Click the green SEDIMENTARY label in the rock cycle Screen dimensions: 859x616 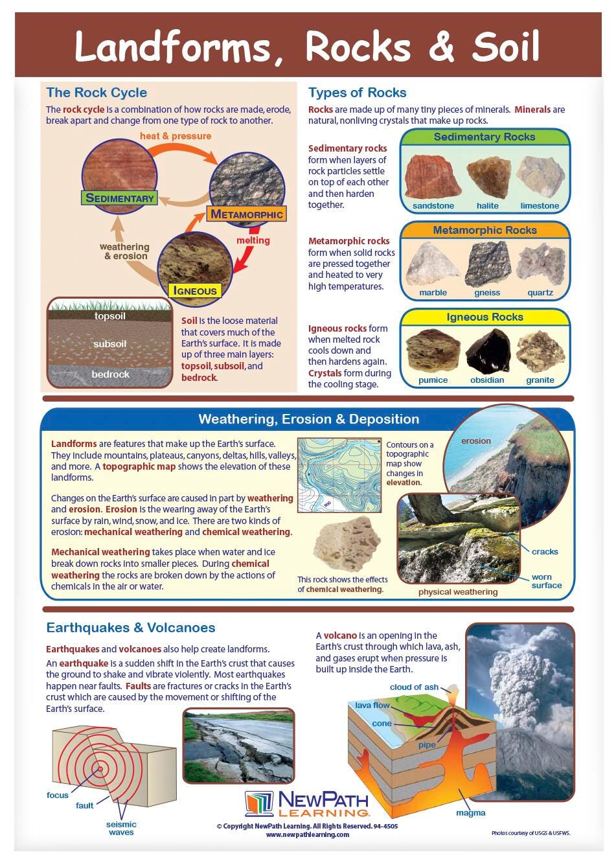pyautogui.click(x=120, y=198)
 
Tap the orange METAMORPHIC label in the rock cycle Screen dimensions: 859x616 pyautogui.click(x=247, y=214)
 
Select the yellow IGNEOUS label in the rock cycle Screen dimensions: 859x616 pyautogui.click(x=194, y=291)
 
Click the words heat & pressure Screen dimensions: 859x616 pyautogui.click(x=176, y=136)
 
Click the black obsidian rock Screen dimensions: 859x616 pyautogui.click(x=488, y=352)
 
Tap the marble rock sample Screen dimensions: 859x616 pyautogui.click(x=433, y=264)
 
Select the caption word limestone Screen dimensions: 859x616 pyautogui.click(x=540, y=206)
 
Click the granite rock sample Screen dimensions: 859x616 pyautogui.click(x=540, y=352)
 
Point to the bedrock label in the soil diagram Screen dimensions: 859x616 pyautogui.click(x=110, y=374)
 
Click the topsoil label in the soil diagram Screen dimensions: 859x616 pyautogui.click(x=110, y=317)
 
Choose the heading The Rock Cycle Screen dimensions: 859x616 pyautogui.click(x=97, y=93)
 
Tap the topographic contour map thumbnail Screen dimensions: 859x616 pyautogui.click(x=339, y=475)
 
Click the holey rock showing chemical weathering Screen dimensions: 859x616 pyautogui.click(x=347, y=544)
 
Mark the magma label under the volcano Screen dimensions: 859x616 pyautogui.click(x=470, y=812)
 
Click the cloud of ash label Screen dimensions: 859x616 pyautogui.click(x=414, y=687)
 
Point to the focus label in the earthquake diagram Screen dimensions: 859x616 pyautogui.click(x=58, y=795)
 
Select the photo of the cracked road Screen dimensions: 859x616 pyautogui.click(x=238, y=746)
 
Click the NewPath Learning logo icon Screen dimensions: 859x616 pyautogui.click(x=259, y=804)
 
